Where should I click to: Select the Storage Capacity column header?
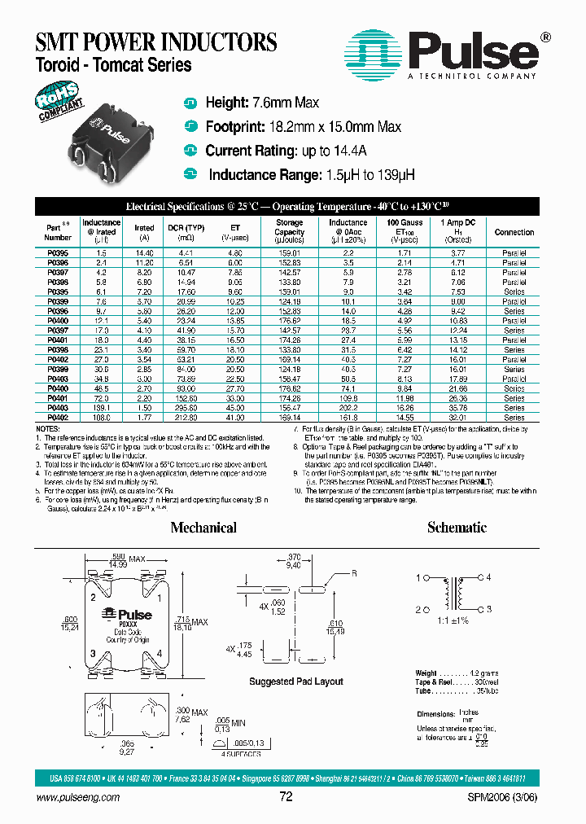coord(289,231)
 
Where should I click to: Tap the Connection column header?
coord(514,232)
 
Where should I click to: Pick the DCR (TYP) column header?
coord(186,227)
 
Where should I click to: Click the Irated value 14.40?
coord(144,253)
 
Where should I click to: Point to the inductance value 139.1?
coord(101,407)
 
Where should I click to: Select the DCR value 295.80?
coord(186,407)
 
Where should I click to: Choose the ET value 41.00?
coord(235,417)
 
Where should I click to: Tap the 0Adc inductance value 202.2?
coord(348,407)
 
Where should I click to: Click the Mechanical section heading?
coord(203,528)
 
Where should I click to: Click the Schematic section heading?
coord(457,528)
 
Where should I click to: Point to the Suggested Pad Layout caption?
coord(296,681)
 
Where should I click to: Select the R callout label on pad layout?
coord(355,572)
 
